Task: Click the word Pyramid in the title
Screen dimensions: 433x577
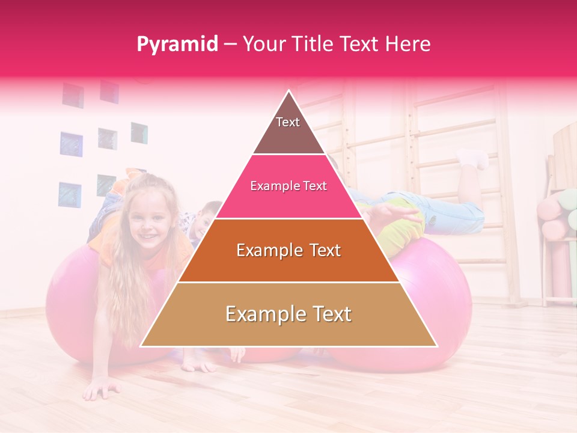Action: click(x=177, y=45)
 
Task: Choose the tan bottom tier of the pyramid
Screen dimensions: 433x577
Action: click(x=288, y=315)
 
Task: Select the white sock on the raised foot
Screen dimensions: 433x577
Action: click(x=474, y=158)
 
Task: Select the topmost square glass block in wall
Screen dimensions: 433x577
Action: click(x=109, y=91)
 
